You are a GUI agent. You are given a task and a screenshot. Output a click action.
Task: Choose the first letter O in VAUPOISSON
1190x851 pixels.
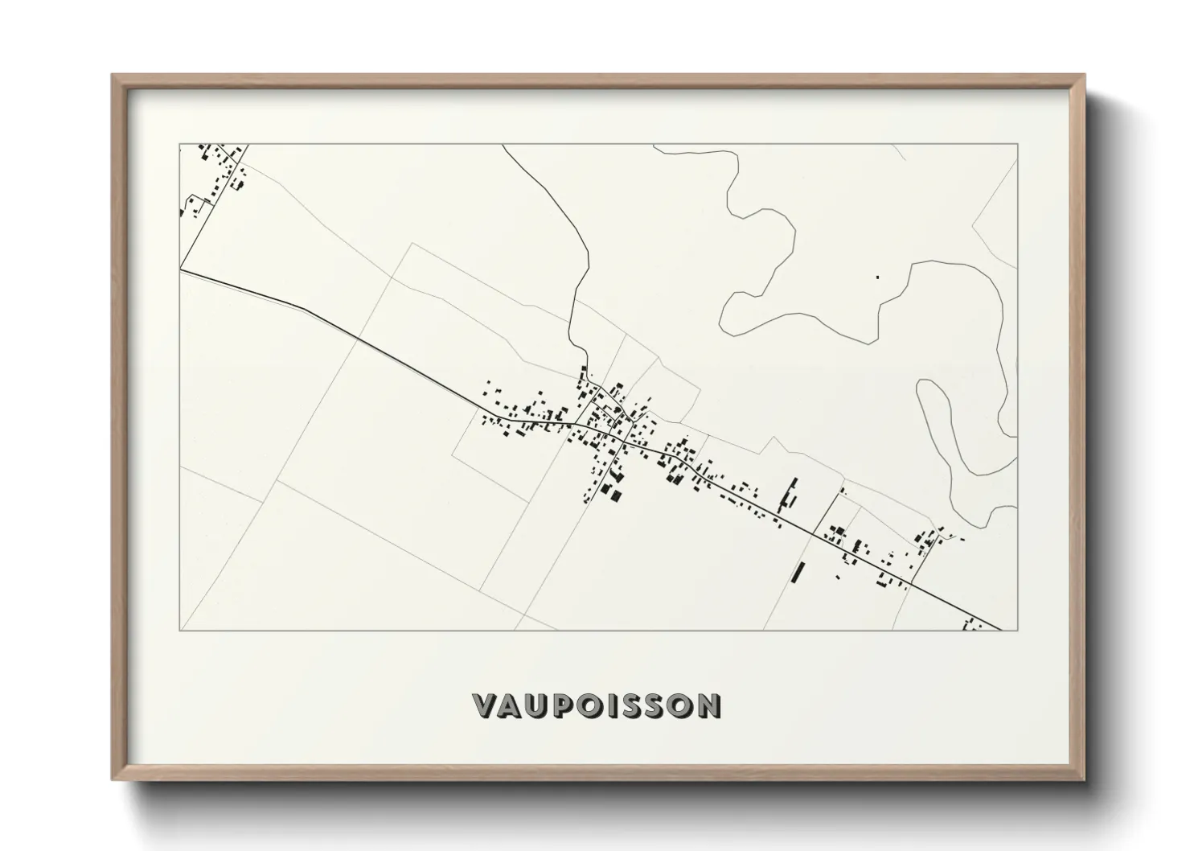point(595,705)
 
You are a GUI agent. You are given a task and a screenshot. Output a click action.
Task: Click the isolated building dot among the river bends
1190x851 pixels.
point(877,277)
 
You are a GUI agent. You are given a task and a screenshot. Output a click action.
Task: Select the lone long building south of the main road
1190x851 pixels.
point(798,572)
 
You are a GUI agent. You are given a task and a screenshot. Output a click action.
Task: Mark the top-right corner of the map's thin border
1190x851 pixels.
point(1018,144)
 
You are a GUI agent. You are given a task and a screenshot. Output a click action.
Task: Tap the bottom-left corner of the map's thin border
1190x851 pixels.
point(180,630)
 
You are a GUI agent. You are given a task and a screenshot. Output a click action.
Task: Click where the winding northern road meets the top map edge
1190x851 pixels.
point(503,145)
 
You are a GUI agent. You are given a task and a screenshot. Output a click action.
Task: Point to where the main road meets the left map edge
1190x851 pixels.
point(181,271)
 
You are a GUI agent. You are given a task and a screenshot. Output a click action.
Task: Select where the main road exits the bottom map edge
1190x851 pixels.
point(1002,629)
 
